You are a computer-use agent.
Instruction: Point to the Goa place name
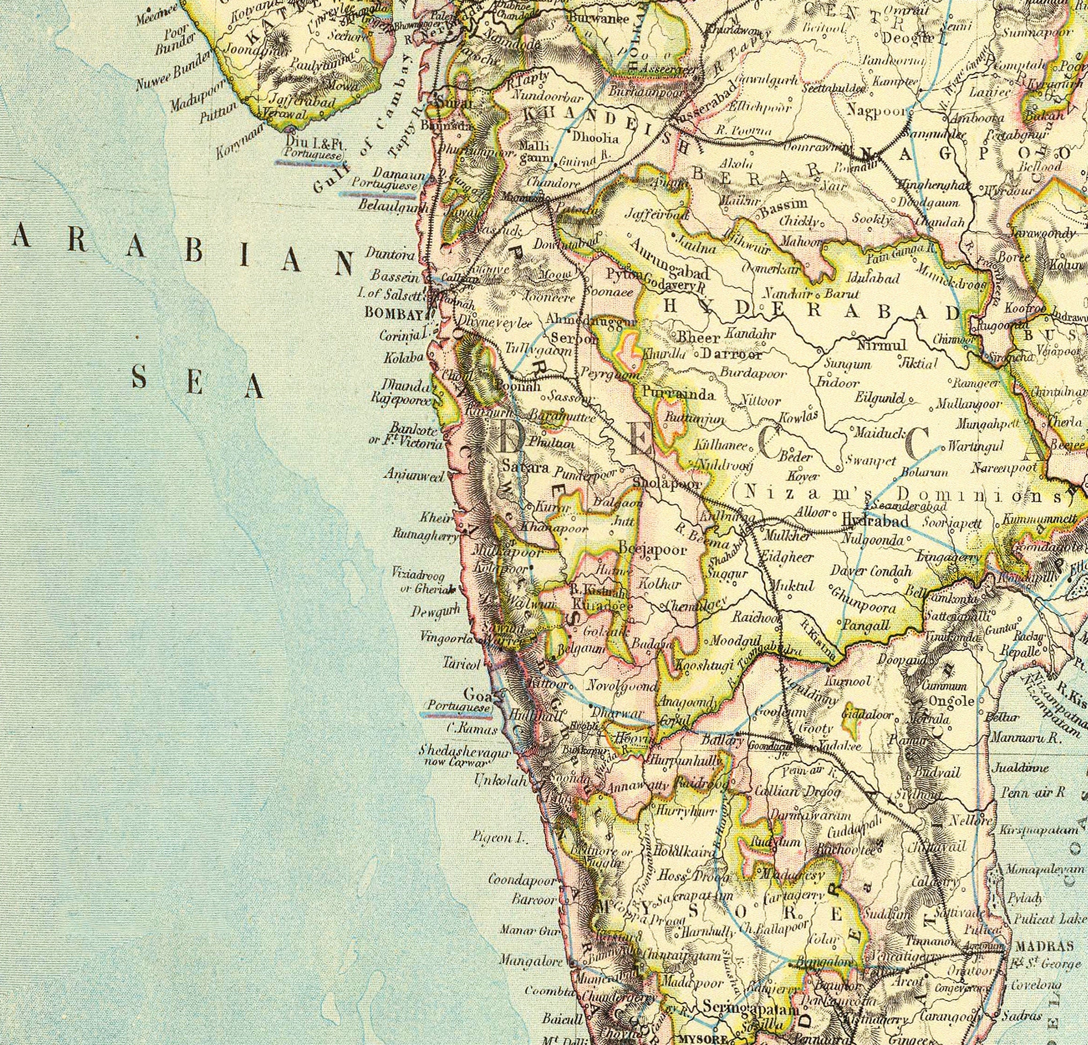pos(475,694)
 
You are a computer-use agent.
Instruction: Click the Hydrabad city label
pos(875,520)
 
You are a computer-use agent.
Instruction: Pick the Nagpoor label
pos(877,110)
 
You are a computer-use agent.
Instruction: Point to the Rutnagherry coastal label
pos(425,536)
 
